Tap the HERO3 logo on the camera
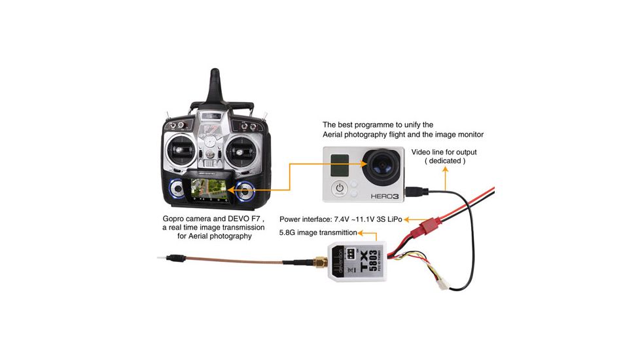[385, 195]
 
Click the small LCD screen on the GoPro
[340, 164]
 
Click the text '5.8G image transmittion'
[318, 232]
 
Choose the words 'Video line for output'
[444, 152]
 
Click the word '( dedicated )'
[445, 160]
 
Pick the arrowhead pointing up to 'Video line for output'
[446, 168]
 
